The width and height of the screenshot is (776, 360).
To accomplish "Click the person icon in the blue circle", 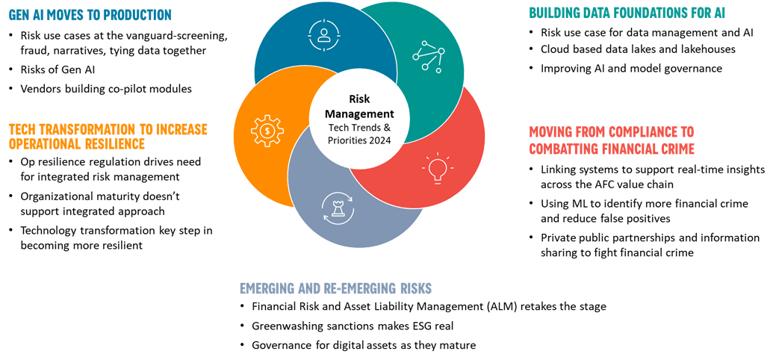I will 324,34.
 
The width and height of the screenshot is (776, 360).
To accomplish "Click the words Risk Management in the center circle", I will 360,106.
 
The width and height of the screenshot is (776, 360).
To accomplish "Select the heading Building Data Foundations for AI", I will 627,13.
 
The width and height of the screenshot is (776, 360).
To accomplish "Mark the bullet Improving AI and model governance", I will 631,68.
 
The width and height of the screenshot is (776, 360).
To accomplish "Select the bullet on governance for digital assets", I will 363,345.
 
